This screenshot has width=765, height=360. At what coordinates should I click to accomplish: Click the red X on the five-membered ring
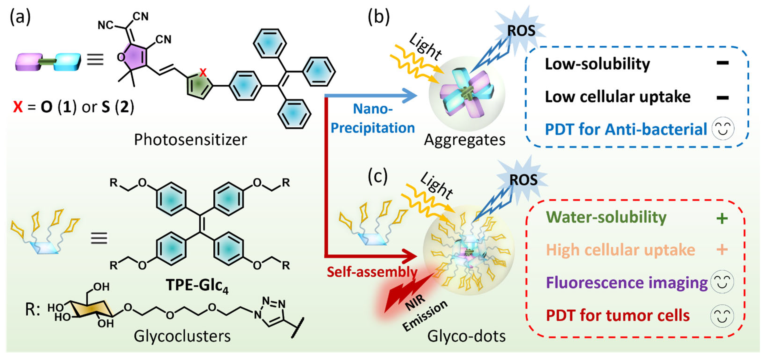coord(203,72)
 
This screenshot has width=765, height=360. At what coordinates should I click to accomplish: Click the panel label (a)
coord(20,17)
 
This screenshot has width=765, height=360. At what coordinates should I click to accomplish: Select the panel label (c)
coord(377,177)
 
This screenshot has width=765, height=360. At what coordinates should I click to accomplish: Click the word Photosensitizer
coord(190,139)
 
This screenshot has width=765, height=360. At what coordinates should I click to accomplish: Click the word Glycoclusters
coord(182,336)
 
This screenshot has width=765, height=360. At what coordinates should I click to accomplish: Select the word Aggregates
coord(464,139)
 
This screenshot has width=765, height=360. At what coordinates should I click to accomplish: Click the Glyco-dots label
coord(466,336)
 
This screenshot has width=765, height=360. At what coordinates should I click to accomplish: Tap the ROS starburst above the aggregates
coord(521,31)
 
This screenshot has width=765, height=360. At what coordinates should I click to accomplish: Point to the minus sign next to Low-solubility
coord(722,63)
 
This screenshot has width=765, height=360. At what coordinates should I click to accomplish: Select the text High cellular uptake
coord(621,250)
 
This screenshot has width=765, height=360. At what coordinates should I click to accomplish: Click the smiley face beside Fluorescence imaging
coord(722,282)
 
